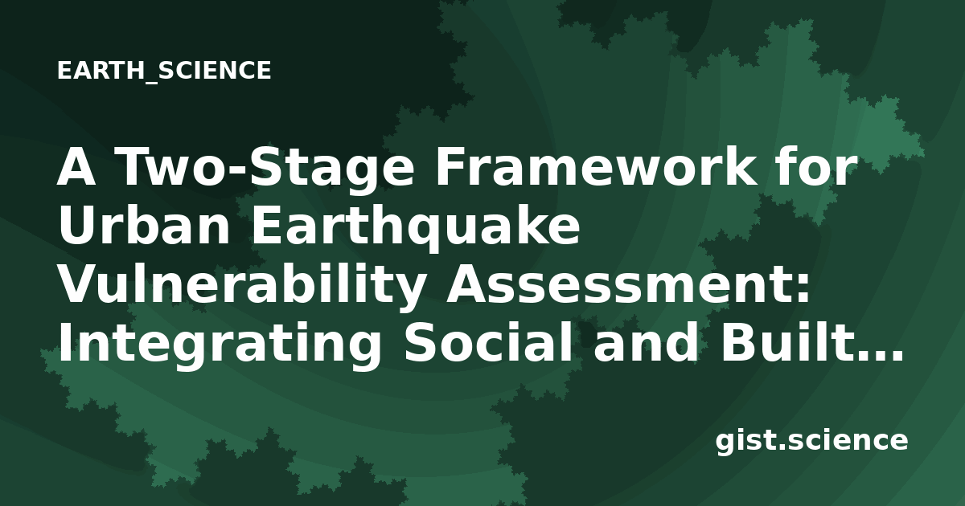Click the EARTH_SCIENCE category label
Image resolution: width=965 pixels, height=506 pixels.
point(164,71)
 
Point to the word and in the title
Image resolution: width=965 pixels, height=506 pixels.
point(645,343)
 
